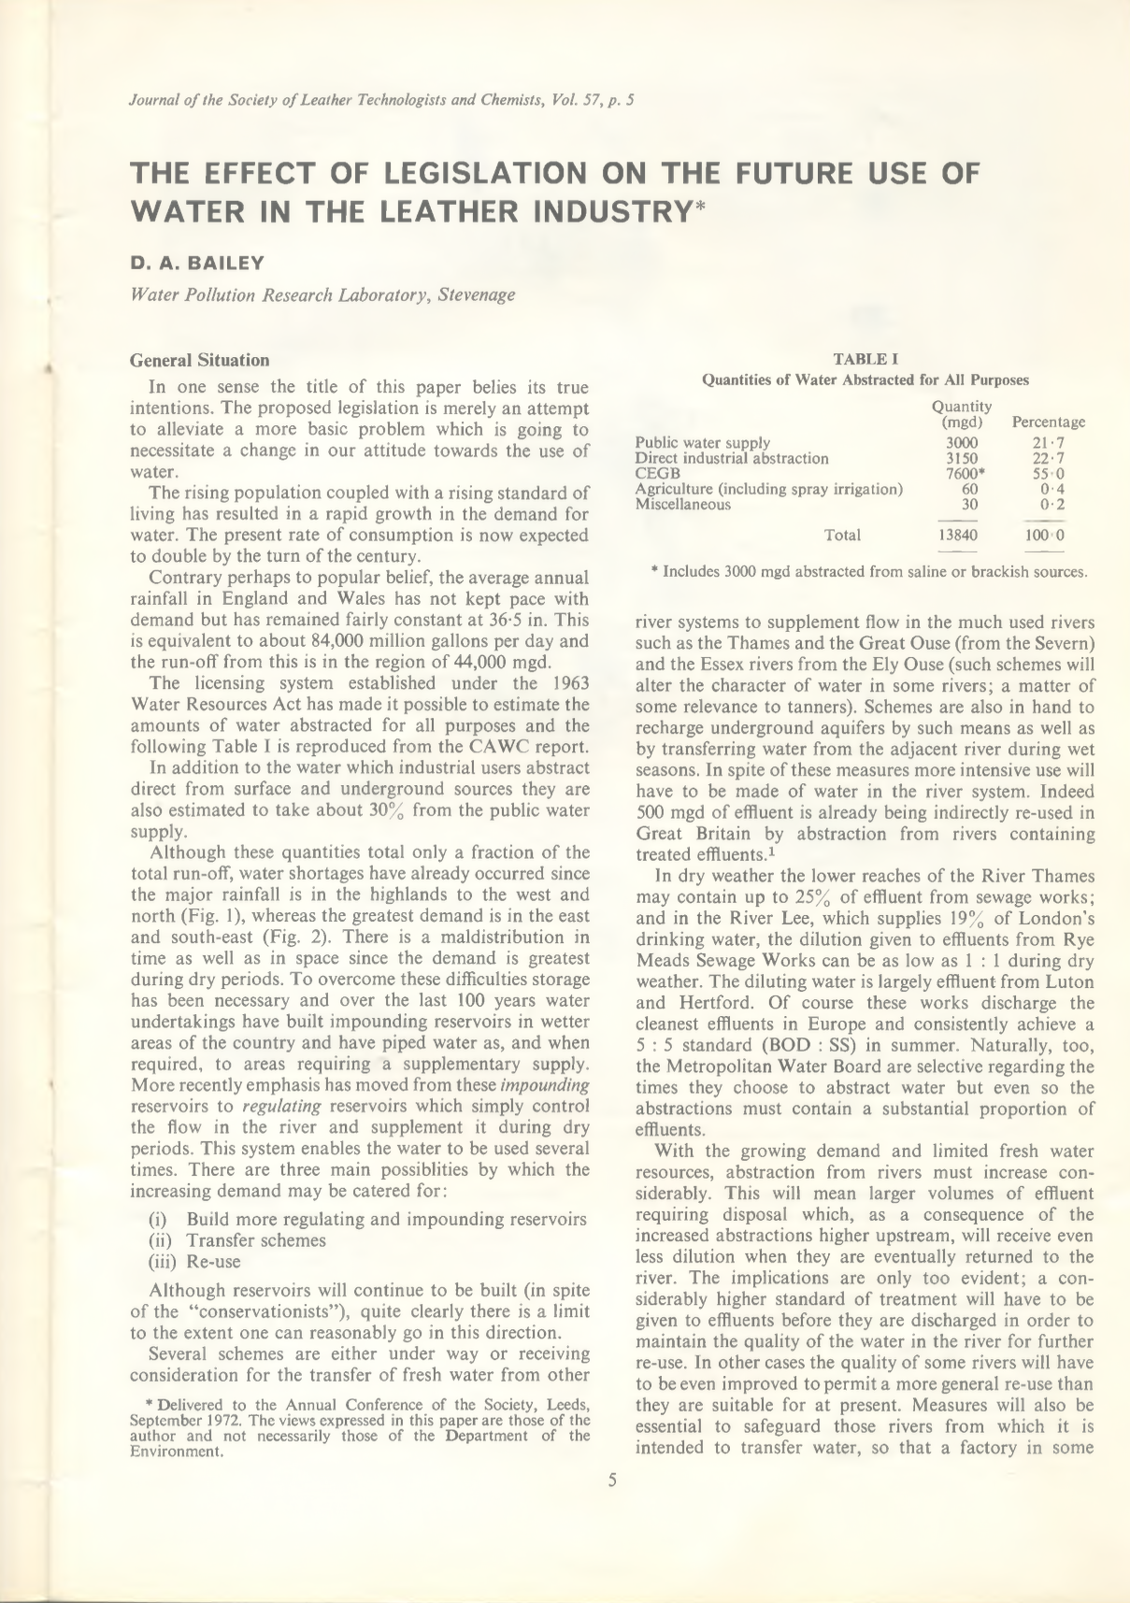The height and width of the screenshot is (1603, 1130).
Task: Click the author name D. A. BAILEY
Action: [x=196, y=263]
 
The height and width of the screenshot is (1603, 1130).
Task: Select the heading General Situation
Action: [x=199, y=360]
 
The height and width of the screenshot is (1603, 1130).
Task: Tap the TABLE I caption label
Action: [x=865, y=358]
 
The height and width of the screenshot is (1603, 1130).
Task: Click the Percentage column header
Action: [x=1048, y=422]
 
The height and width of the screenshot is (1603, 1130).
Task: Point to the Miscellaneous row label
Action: [x=682, y=505]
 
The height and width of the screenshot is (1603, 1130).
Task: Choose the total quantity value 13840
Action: [x=962, y=536]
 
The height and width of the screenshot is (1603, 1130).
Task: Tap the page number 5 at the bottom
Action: [x=612, y=1481]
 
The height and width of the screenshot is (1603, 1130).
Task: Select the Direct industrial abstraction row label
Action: [x=731, y=459]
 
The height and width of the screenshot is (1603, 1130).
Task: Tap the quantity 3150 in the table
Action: [x=962, y=459]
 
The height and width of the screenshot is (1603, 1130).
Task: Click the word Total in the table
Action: [x=842, y=535]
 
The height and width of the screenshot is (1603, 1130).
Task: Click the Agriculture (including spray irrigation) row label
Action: [x=768, y=490]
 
